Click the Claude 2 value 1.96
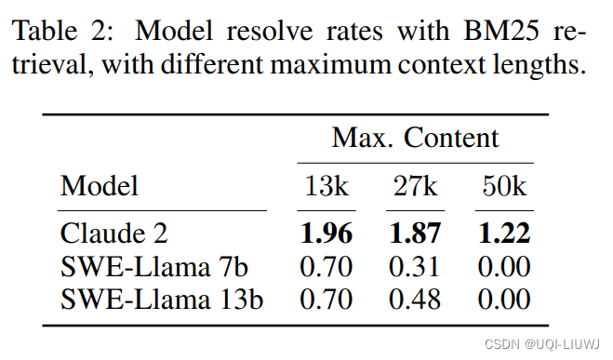tap(326, 233)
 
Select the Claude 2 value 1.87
tap(415, 233)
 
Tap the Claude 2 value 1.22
tap(505, 233)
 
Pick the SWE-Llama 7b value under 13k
tap(326, 266)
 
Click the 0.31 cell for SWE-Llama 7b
tap(415, 266)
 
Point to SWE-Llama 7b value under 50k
tap(505, 266)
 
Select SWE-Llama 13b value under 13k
tap(326, 299)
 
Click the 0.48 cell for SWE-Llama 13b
tap(415, 299)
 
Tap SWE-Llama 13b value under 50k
tap(505, 299)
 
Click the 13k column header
tap(326, 186)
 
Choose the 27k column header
tap(415, 186)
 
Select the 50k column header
tap(505, 186)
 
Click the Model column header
tap(100, 186)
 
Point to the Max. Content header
tap(416, 140)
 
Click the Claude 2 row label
tap(114, 233)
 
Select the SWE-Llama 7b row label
tap(155, 266)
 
